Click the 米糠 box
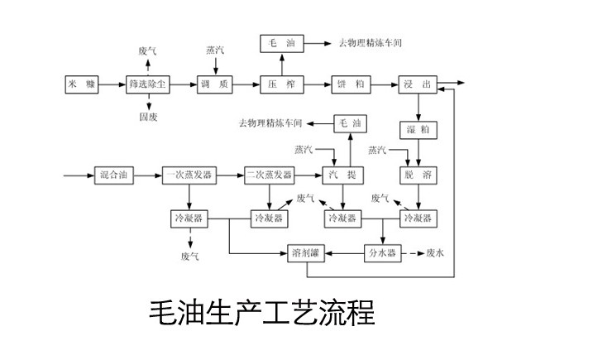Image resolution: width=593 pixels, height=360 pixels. pos(81,84)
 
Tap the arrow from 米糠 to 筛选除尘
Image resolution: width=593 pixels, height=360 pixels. pos(112,84)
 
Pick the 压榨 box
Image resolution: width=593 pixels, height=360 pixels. pos(282,84)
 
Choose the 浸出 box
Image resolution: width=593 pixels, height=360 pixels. pos(418,84)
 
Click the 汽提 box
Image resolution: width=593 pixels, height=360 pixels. pos(344,175)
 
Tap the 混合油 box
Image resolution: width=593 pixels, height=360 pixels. pos(115,175)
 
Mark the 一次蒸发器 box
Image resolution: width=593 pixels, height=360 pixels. pos(189,175)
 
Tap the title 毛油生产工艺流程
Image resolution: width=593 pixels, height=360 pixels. pos(261,314)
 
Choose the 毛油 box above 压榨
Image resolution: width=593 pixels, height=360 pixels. pos(282,42)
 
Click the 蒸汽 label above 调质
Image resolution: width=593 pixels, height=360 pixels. pos(215,50)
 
